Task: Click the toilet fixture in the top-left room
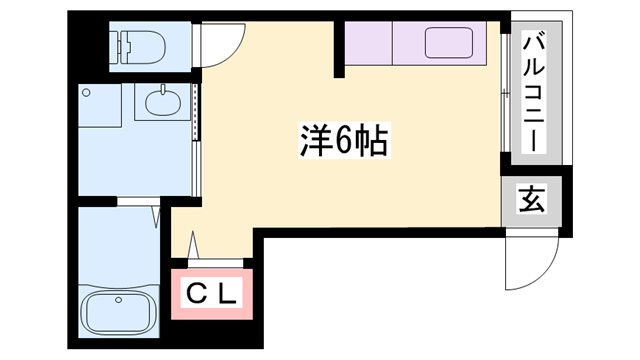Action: coord(142,43)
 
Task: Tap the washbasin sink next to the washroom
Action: coord(161,102)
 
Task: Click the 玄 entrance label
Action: coord(531,201)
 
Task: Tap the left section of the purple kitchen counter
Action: coord(368,42)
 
